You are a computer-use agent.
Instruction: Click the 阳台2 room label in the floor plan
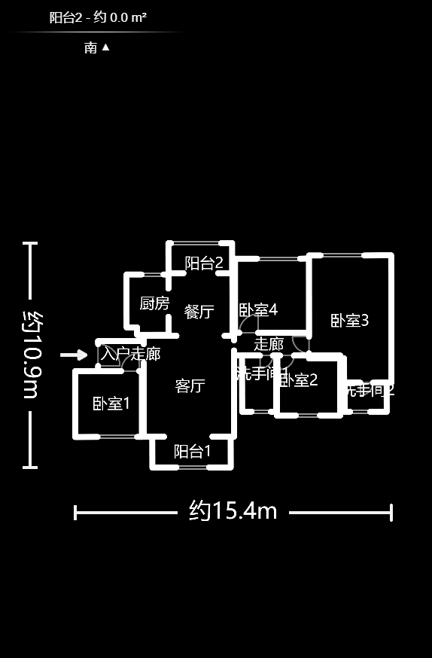pyautogui.click(x=204, y=264)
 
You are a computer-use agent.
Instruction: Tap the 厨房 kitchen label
pyautogui.click(x=154, y=303)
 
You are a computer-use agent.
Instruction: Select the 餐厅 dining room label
pyautogui.click(x=199, y=312)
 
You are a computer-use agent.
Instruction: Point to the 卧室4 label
pyautogui.click(x=258, y=310)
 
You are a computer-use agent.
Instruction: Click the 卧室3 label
pyautogui.click(x=349, y=321)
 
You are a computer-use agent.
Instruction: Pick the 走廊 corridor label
pyautogui.click(x=269, y=344)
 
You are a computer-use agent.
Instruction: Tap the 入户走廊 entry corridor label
pyautogui.click(x=130, y=353)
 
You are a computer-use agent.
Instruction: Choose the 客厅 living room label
pyautogui.click(x=190, y=386)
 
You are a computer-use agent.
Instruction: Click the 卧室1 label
pyautogui.click(x=111, y=404)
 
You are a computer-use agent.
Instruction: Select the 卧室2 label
pyautogui.click(x=299, y=380)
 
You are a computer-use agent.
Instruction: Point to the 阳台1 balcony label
pyautogui.click(x=192, y=452)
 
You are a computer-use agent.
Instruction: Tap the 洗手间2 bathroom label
pyautogui.click(x=369, y=390)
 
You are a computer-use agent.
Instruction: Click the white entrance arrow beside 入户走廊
pyautogui.click(x=74, y=355)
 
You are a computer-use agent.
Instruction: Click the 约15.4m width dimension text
pyautogui.click(x=233, y=512)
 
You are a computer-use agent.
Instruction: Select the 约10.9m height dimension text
pyautogui.click(x=29, y=354)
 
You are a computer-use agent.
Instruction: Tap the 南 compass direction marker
pyautogui.click(x=96, y=47)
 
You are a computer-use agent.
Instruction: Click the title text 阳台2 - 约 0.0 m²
pyautogui.click(x=98, y=17)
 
